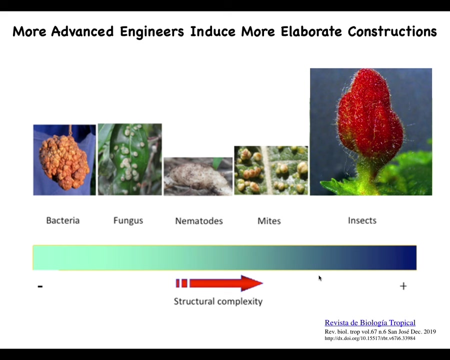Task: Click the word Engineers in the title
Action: pos(152,31)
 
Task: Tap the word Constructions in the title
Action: pos(392,31)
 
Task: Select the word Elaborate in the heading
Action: pos(311,31)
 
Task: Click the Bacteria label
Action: pos(63,220)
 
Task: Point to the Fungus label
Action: pos(128,220)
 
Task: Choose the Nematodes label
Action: pos(199,221)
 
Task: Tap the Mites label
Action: pos(269,221)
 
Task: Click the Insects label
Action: pos(362,220)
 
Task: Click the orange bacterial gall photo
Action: pos(64,160)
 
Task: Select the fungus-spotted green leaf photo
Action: pos(129,159)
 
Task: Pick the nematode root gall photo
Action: pos(198,176)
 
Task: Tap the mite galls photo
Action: pos(271,170)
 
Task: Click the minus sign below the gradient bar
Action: pos(40,286)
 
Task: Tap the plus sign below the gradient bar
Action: pos(403,286)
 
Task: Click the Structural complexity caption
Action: pos(218,301)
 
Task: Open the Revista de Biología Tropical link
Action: pos(370,322)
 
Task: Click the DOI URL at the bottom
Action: pos(370,338)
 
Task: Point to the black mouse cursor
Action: pos(320,278)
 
